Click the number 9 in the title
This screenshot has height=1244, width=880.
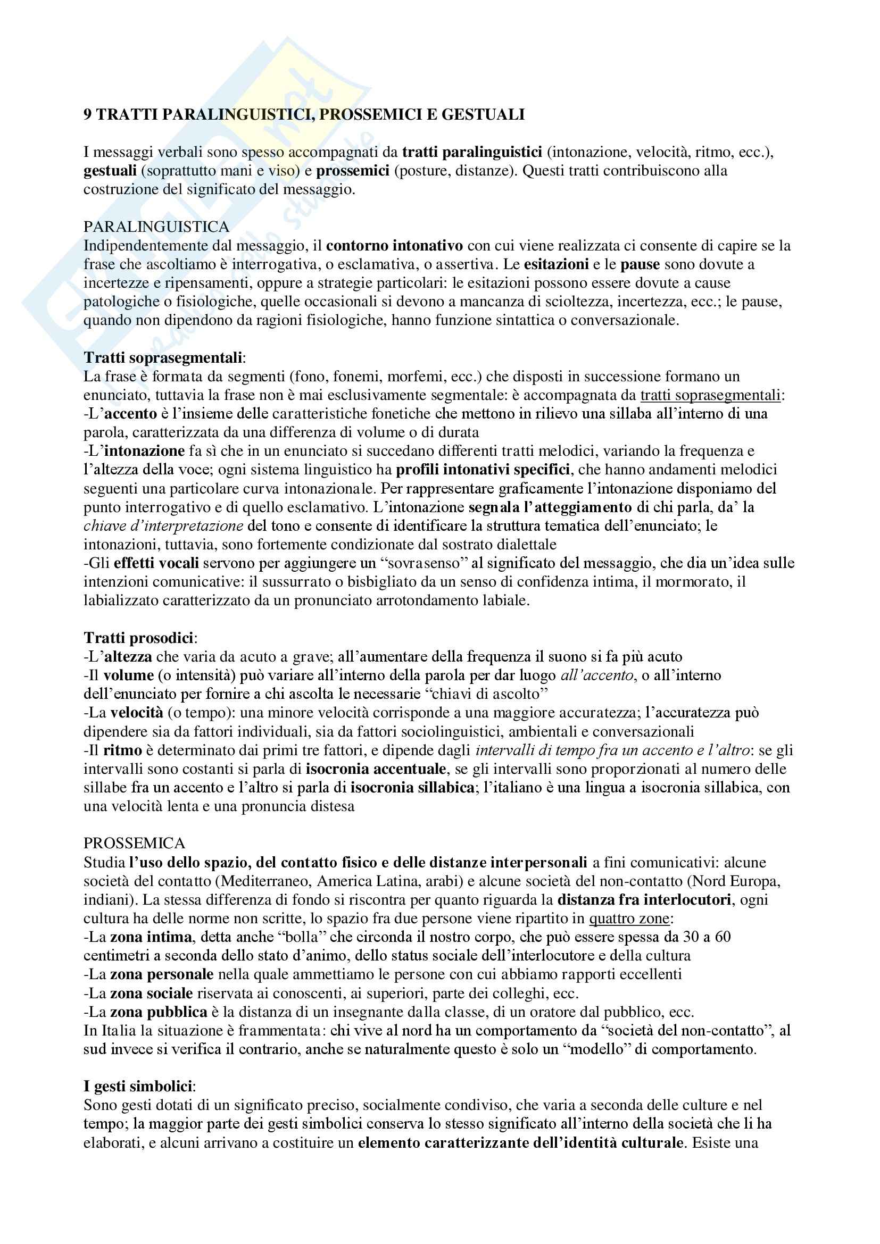(88, 115)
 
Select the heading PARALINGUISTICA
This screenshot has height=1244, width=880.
(156, 227)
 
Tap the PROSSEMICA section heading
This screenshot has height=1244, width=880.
(135, 843)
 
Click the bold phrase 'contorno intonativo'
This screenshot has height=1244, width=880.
(394, 246)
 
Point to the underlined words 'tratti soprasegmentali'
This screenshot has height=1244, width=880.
(710, 395)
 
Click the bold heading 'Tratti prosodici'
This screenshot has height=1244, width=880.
(139, 638)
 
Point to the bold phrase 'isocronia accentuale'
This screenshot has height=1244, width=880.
(376, 769)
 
